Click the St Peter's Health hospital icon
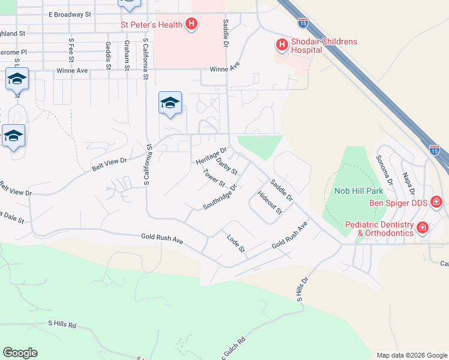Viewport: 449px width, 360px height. (x=191, y=25)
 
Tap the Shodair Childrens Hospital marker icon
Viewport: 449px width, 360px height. (x=281, y=44)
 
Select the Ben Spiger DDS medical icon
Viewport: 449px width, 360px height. (x=436, y=202)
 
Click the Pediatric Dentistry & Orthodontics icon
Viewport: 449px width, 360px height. (x=423, y=227)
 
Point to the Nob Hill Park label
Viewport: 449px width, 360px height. (x=358, y=191)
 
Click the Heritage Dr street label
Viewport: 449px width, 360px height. (x=212, y=155)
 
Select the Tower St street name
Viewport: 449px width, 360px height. (x=213, y=178)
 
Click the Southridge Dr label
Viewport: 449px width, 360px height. (x=220, y=196)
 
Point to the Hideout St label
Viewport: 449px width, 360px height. (x=270, y=202)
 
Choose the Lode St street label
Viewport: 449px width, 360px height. (x=237, y=243)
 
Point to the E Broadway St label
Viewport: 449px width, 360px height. (x=69, y=13)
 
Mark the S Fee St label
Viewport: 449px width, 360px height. (x=71, y=47)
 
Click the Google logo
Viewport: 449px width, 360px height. (x=20, y=353)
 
